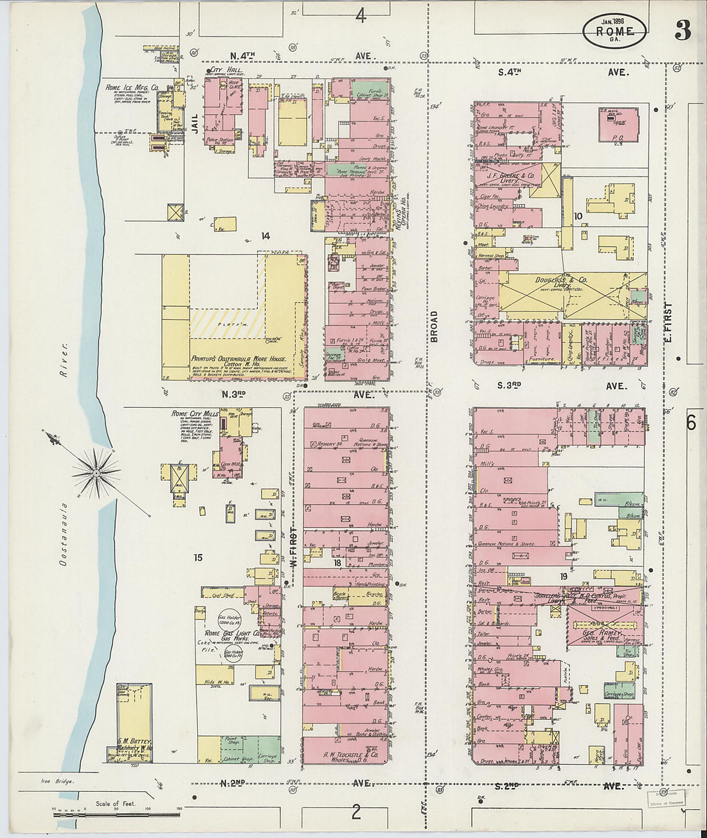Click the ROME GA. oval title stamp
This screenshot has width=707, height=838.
614,31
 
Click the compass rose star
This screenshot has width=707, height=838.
96,473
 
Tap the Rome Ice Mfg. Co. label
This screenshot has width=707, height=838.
132,87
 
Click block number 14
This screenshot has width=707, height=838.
265,236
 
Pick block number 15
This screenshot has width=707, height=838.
198,557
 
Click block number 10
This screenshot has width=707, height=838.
578,216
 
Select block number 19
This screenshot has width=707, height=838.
563,577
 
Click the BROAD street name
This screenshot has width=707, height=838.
434,326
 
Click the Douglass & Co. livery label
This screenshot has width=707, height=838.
561,280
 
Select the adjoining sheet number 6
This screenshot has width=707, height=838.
692,423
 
